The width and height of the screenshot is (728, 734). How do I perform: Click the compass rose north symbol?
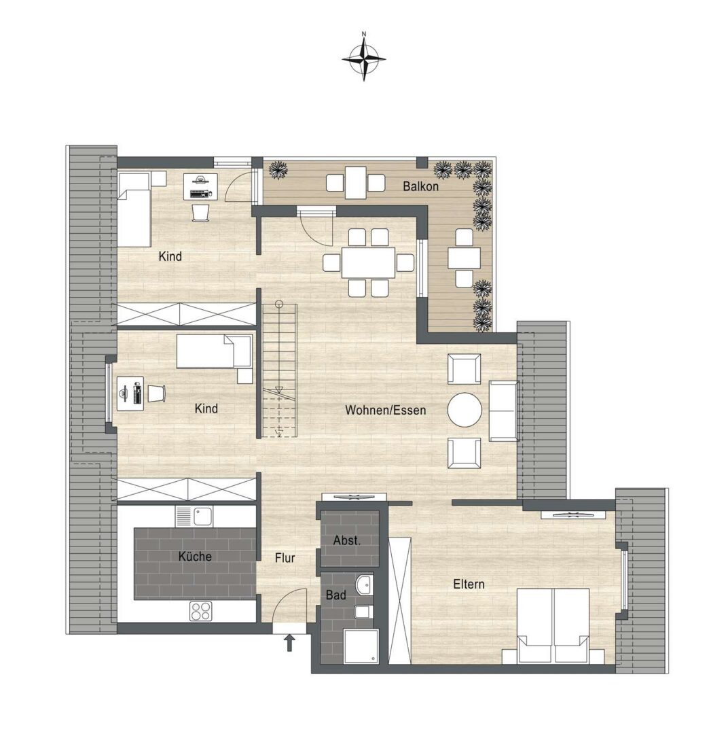(364, 58)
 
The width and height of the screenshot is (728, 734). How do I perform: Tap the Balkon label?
(420, 186)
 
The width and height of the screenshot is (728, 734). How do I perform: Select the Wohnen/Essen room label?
(386, 410)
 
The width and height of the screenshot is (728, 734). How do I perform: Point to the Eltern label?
(469, 584)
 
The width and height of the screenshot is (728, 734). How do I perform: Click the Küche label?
(195, 556)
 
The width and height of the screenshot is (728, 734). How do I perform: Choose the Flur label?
(285, 558)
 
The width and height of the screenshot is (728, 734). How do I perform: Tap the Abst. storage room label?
(347, 540)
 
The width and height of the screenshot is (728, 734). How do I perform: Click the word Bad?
(336, 595)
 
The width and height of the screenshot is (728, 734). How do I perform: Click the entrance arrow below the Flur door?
(289, 643)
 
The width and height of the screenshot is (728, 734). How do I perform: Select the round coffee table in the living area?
(465, 410)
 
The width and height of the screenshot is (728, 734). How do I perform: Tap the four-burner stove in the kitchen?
(201, 611)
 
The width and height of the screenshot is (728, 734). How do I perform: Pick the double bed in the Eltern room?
(553, 626)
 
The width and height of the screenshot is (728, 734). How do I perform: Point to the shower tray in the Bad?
(361, 646)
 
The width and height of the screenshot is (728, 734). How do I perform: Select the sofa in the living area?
(503, 410)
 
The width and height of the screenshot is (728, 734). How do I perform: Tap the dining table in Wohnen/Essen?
(369, 262)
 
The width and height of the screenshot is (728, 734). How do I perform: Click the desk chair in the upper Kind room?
(201, 212)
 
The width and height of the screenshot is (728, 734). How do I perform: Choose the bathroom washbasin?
(363, 584)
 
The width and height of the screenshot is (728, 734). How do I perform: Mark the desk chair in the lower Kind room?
(157, 393)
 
